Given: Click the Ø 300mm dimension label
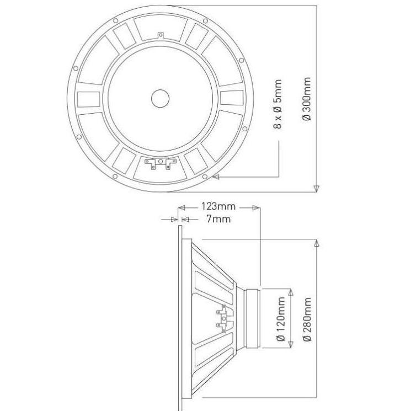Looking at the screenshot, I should click(x=307, y=100).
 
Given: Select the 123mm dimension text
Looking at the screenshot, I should click(x=217, y=207).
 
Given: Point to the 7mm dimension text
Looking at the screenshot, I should click(x=218, y=219).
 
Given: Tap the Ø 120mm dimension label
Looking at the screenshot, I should click(x=280, y=319).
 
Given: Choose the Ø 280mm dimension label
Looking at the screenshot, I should click(x=307, y=319).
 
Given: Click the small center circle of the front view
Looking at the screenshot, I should click(x=161, y=98).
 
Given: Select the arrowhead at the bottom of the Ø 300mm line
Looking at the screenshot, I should click(x=316, y=189).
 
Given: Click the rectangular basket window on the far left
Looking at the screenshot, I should click(x=88, y=99).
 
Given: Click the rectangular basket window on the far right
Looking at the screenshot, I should click(x=232, y=98).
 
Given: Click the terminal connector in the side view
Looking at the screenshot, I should click(x=223, y=318).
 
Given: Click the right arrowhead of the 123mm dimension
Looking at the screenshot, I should click(x=256, y=208).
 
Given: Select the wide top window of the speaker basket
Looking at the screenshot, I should click(x=161, y=28).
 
